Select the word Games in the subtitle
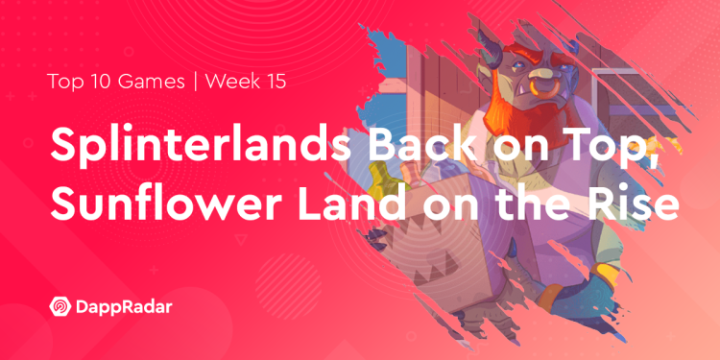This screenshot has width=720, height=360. [x=155, y=81]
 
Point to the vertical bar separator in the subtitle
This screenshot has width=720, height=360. [x=195, y=81]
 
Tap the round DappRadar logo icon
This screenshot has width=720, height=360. [x=59, y=308]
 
